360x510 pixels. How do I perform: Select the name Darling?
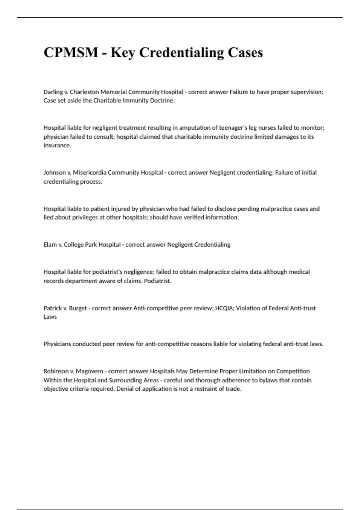coord(53,92)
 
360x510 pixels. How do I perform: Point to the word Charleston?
coord(84,92)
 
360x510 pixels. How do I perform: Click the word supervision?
coord(306,92)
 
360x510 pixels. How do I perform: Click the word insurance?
coord(57,145)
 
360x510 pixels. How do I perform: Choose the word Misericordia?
coord(90,172)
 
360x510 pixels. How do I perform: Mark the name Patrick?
coord(52,308)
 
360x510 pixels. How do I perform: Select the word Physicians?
coord(57,344)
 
